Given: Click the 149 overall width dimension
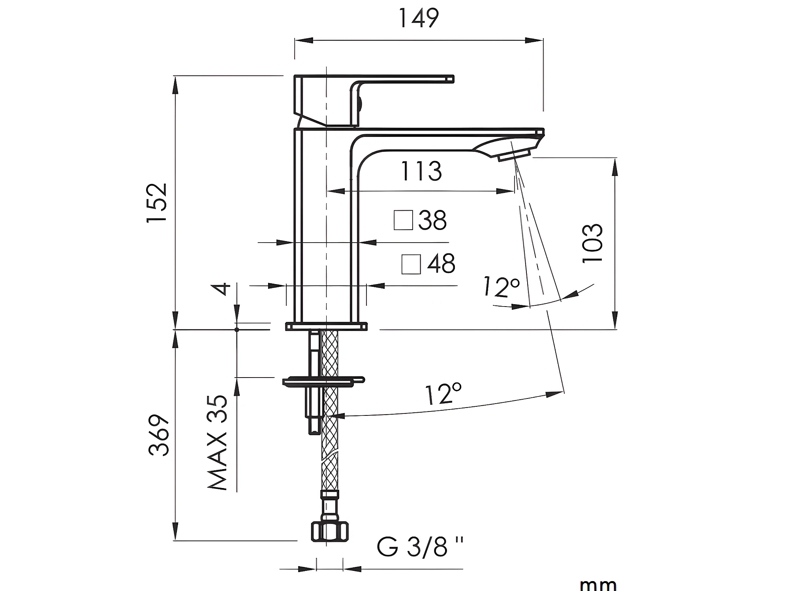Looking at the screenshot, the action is [x=418, y=18].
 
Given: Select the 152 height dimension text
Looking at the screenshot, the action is [x=158, y=204].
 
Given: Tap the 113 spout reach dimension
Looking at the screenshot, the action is [x=421, y=171].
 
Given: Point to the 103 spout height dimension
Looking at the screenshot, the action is [x=593, y=243].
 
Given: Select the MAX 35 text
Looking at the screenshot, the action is [x=218, y=443].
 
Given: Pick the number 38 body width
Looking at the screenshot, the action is [x=432, y=220].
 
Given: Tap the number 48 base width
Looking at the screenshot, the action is [x=441, y=264].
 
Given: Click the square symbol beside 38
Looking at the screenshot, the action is [x=403, y=220].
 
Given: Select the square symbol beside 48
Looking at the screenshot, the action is [x=411, y=264].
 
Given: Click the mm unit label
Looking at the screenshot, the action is [x=598, y=584].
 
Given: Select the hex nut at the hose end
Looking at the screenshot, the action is [x=330, y=531].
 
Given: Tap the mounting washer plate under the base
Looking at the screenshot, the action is [x=323, y=381].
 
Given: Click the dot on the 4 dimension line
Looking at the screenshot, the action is [x=237, y=329].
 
